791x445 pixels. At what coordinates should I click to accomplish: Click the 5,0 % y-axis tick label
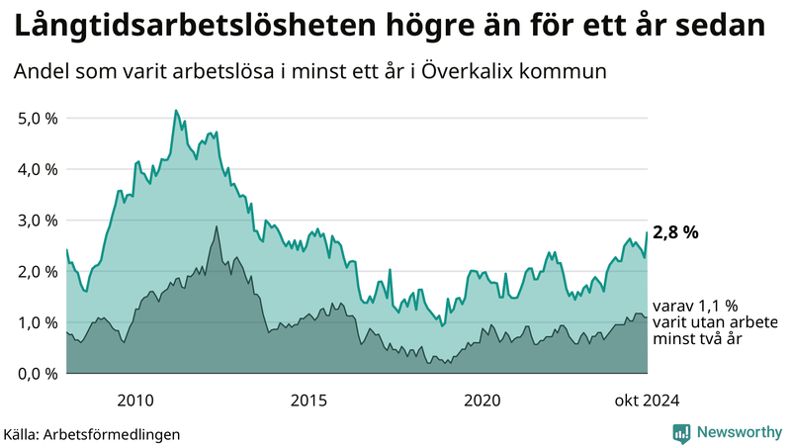tap(38, 118)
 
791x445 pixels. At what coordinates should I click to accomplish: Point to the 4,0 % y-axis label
tap(38, 169)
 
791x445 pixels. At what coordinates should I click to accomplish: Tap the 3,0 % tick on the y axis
tap(38, 221)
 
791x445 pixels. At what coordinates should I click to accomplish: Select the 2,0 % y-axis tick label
tap(38, 272)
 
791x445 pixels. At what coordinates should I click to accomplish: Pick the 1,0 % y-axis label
tap(38, 322)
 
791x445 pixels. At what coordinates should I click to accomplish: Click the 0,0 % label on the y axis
tap(38, 374)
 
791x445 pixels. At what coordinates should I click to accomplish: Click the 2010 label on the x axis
tap(135, 400)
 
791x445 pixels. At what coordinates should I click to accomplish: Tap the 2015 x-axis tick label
tap(308, 400)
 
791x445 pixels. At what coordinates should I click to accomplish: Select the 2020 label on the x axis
tap(483, 400)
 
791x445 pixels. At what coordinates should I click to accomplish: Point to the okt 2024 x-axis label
tap(647, 400)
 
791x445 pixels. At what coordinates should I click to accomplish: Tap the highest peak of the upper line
tap(175, 111)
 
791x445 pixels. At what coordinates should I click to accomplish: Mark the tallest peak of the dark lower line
tap(217, 226)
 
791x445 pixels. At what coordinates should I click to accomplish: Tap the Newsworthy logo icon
tap(681, 432)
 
